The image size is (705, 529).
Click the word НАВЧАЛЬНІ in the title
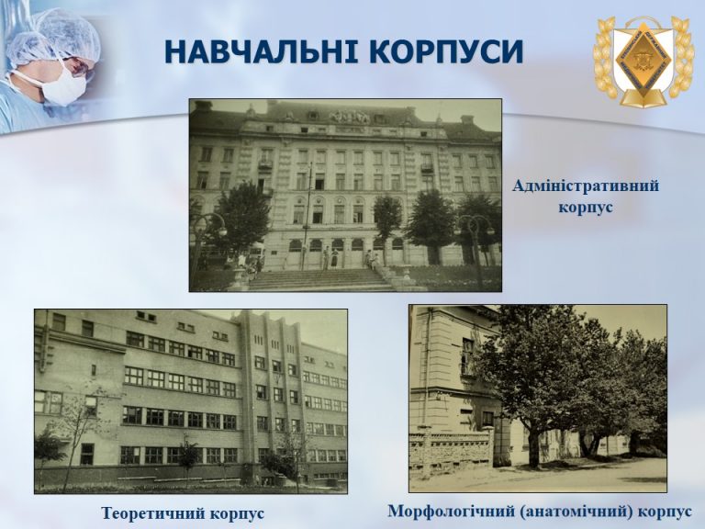[x=262, y=51]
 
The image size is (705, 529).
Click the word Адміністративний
[x=586, y=186]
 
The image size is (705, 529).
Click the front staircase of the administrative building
[x=321, y=280]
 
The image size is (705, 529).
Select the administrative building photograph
[x=345, y=196]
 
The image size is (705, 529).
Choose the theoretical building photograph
[x=191, y=401]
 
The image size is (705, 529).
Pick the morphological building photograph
[x=538, y=399]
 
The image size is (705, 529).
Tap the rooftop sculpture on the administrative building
[x=350, y=117]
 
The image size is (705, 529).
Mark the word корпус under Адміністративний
[x=586, y=208]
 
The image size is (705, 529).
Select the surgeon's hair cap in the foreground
[x=68, y=35]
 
